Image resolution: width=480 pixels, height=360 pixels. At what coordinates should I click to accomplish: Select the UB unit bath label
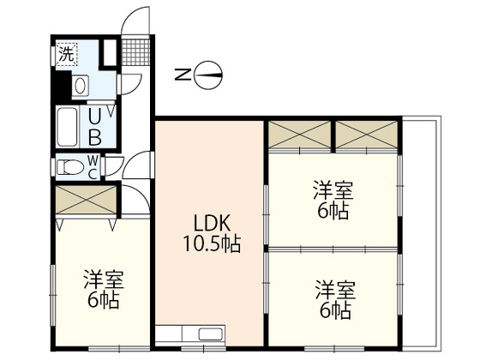[97, 126]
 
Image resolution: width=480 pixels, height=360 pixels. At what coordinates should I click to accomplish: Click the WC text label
[93, 167]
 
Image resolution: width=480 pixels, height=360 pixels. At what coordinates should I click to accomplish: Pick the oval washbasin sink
[81, 86]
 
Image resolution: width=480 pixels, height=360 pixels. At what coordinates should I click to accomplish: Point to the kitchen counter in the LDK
[191, 333]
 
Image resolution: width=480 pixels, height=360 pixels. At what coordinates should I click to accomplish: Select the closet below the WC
[85, 201]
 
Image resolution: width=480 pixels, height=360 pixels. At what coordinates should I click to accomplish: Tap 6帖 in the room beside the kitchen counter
[333, 309]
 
